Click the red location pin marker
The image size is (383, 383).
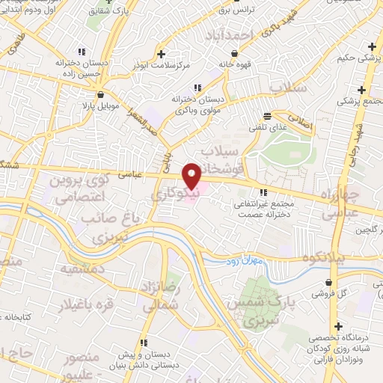coord(191,175)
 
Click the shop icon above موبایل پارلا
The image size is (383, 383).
coord(101,94)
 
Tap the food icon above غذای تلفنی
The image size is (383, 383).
coord(267,115)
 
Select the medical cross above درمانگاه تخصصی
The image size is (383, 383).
coord(340,327)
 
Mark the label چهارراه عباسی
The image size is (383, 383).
coord(342,203)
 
